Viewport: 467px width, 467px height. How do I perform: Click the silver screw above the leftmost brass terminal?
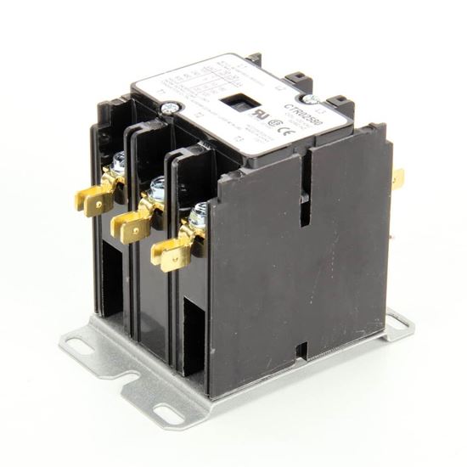[x=118, y=161]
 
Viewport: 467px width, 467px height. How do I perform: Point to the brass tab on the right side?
[x=397, y=179]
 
